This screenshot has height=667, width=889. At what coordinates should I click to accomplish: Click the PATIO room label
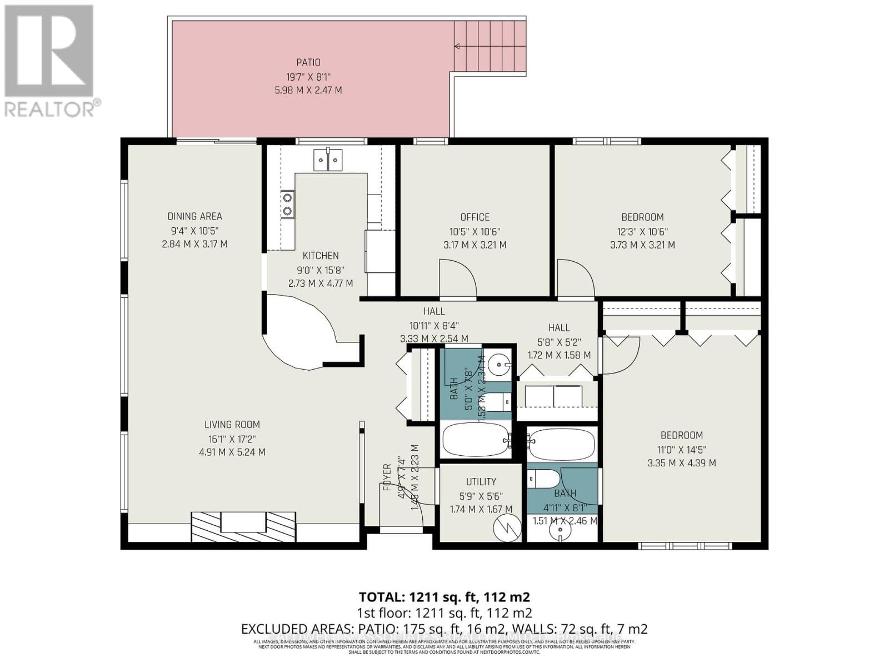[x=308, y=63]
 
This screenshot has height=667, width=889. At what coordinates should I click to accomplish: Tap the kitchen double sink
[x=328, y=160]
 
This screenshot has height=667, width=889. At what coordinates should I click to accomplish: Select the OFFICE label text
[x=475, y=217]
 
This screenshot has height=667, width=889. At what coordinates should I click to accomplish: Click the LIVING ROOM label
[x=232, y=425]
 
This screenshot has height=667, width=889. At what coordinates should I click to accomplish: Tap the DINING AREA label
[x=194, y=216]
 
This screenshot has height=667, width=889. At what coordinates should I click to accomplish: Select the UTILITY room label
[x=481, y=482]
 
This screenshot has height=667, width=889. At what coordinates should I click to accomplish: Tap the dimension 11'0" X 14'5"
[x=681, y=449]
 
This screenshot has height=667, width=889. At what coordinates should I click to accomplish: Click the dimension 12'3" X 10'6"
[x=642, y=231]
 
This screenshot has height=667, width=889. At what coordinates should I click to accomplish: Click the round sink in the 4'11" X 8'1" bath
[x=560, y=531]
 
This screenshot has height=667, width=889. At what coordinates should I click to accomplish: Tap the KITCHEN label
[x=321, y=256]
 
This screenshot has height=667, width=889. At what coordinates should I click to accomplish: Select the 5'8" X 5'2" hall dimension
[x=559, y=341]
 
